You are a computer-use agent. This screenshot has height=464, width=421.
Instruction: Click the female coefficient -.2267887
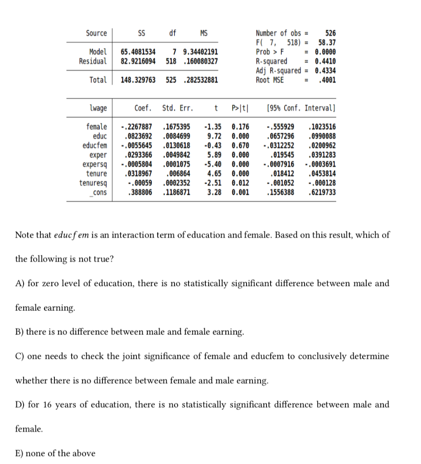136,127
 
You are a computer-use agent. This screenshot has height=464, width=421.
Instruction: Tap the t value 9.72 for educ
214,136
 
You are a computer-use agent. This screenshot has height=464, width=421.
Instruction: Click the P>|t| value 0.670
240,146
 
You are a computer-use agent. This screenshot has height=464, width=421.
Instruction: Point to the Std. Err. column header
177,108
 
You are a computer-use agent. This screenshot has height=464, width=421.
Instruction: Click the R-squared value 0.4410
325,61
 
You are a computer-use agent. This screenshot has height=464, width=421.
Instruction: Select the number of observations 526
331,33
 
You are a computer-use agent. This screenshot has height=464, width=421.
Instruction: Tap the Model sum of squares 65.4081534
138,52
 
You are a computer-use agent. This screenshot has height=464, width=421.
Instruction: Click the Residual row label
93,61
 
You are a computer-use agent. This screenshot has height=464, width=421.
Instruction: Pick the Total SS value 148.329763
138,80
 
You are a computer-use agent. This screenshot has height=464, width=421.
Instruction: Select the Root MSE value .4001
327,80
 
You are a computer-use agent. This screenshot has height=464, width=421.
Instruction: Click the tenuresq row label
93,183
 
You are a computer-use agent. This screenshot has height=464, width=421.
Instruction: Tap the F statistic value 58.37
327,43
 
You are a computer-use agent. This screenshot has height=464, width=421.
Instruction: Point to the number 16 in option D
48,405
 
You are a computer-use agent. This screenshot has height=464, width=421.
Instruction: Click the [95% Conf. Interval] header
301,108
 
